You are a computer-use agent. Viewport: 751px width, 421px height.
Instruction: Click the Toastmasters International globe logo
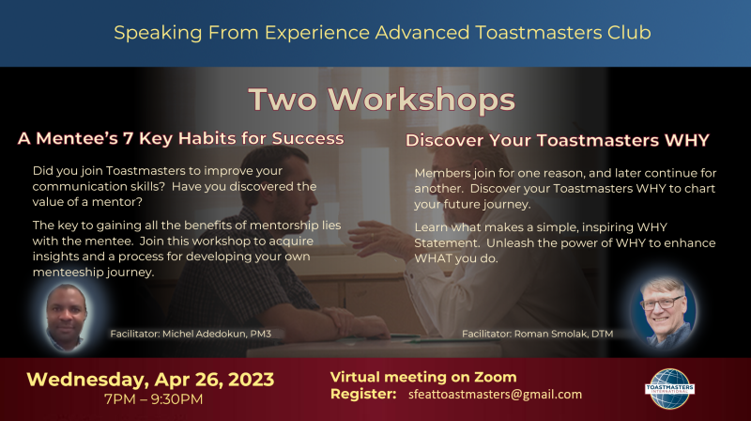(669, 388)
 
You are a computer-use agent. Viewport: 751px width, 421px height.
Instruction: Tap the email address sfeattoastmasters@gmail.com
(496, 395)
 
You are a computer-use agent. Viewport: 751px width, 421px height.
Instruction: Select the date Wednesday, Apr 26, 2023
(150, 380)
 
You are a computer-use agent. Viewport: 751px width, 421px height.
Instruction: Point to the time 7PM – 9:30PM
(154, 399)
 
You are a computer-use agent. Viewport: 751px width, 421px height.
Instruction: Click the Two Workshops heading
(382, 100)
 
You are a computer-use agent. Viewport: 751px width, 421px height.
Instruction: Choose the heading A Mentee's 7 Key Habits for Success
(180, 138)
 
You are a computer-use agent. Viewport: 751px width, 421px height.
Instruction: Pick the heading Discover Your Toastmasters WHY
(558, 141)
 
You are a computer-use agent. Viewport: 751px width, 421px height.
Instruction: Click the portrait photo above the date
(67, 317)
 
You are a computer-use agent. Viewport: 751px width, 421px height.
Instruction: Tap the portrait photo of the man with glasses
(665, 312)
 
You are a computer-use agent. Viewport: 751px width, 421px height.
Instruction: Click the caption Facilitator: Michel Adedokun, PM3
(191, 334)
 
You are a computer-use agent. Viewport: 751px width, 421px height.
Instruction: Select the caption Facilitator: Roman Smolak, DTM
(537, 334)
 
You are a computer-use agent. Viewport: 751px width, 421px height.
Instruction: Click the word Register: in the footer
(363, 394)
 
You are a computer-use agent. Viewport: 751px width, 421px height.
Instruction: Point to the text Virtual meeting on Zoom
(423, 378)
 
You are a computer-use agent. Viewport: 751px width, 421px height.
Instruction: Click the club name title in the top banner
(382, 33)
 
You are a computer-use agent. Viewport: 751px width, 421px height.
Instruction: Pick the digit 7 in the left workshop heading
(128, 138)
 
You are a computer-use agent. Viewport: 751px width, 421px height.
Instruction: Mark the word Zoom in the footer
(496, 378)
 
